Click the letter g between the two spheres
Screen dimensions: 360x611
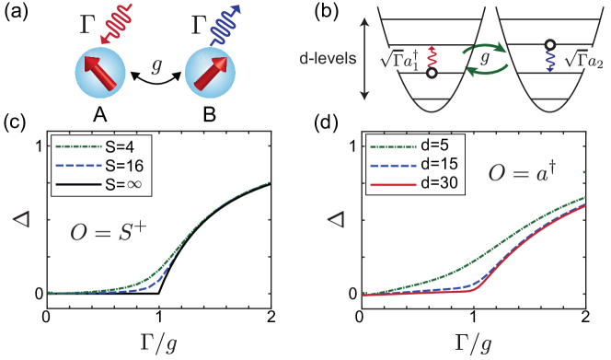(x=156, y=67)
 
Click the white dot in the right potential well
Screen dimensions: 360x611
(x=549, y=43)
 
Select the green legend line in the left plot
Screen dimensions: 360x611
(x=78, y=146)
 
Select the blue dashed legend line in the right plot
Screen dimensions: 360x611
(x=394, y=166)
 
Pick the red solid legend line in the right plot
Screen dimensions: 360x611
(x=394, y=185)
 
